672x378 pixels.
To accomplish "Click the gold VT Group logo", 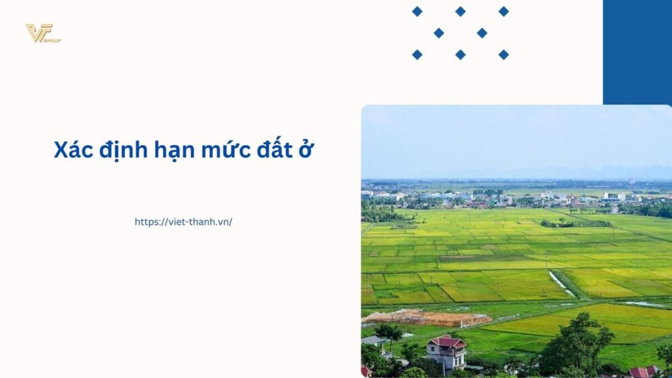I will coord(42,33).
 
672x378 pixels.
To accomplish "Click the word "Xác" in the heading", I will coord(73,150).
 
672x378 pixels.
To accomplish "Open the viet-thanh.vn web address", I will coord(183,222).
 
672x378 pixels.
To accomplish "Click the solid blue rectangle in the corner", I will coord(637,52).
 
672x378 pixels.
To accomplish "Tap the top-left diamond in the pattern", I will coord(417,11).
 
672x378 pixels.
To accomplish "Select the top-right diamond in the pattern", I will coord(503,11).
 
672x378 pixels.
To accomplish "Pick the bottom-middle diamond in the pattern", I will coord(460,54).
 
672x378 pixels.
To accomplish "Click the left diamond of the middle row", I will coord(439,33).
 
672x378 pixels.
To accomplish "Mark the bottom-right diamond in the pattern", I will coord(503,54).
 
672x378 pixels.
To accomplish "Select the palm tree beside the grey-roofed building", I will coord(388,332).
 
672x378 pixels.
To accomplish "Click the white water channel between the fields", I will coord(561,283).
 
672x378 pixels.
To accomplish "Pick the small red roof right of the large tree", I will coord(642,371).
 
